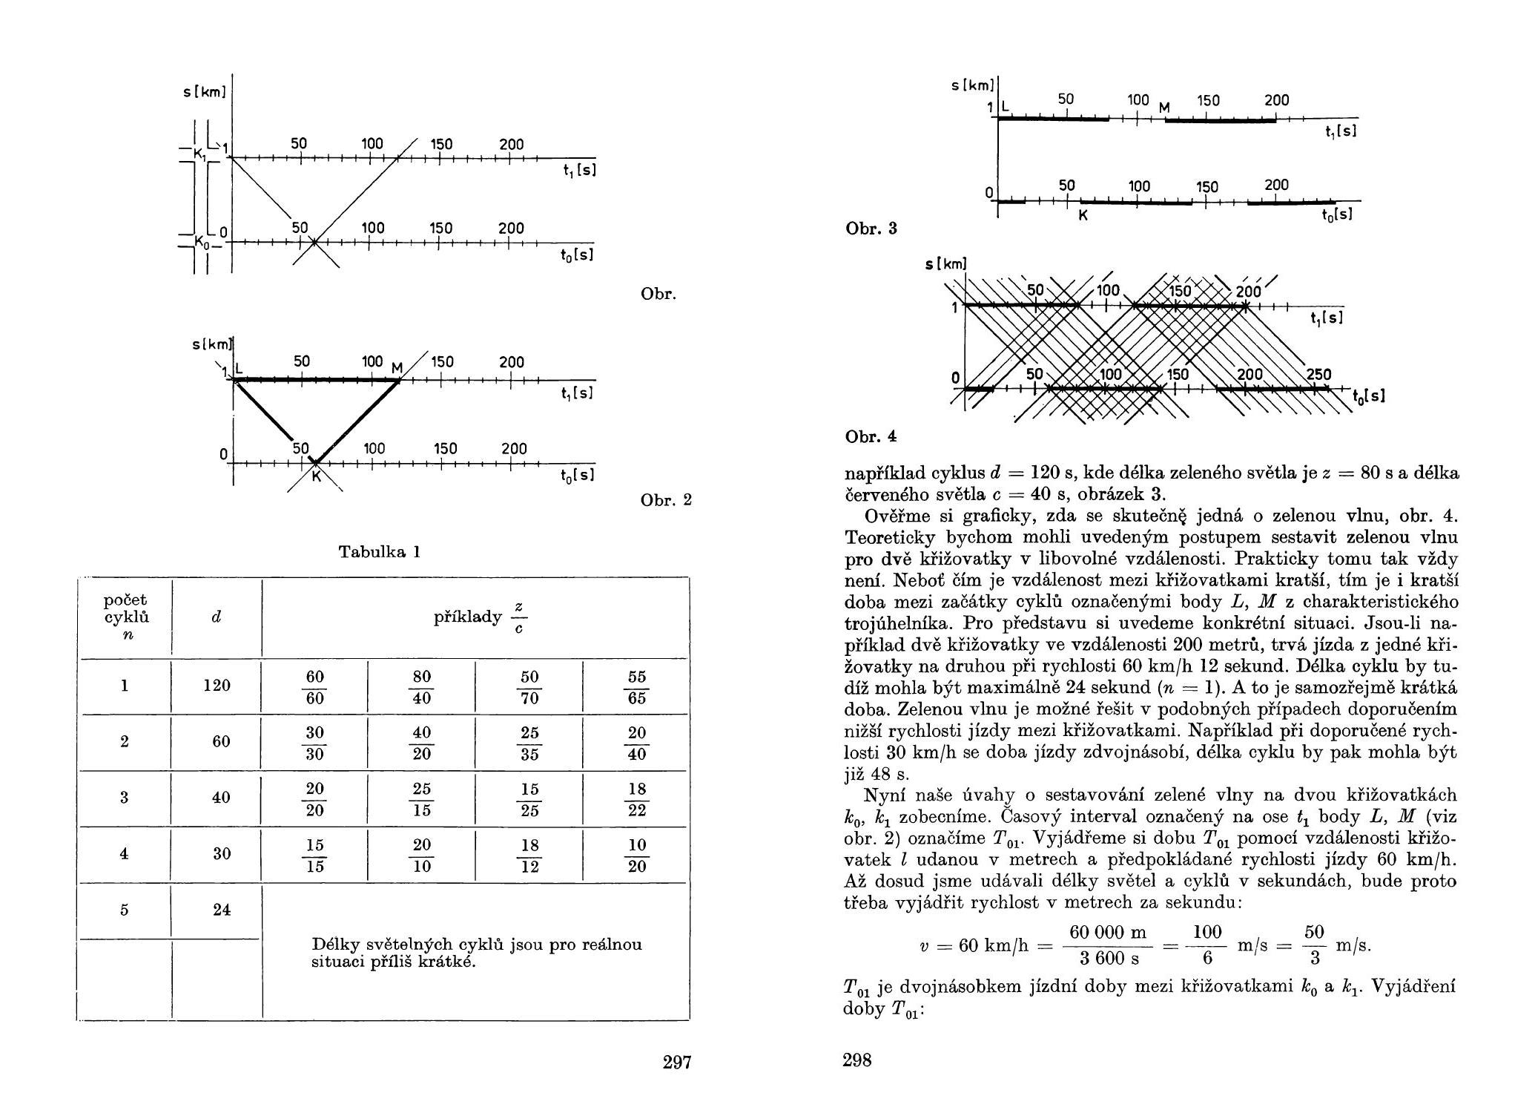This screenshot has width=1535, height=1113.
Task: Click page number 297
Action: coord(676,1062)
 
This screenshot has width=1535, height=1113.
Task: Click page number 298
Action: coord(857,1060)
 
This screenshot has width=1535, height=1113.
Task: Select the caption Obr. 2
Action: coord(666,500)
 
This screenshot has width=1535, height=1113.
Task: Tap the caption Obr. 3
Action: coord(871,229)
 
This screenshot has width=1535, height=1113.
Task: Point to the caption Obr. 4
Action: coord(871,437)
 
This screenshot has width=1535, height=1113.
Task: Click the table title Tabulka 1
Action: coord(380,551)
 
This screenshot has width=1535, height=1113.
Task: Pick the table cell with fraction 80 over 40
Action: coord(422,687)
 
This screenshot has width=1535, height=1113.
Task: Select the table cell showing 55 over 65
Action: coord(636,687)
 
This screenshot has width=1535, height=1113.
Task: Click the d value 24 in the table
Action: coord(221,909)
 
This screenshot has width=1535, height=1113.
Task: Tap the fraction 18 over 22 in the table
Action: coord(636,799)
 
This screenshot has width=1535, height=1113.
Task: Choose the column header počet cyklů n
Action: coord(125,617)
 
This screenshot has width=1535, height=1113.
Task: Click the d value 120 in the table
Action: coord(217,685)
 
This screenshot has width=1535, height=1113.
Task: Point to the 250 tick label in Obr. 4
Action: coord(1318,375)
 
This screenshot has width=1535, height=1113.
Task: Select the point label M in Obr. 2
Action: coord(397,369)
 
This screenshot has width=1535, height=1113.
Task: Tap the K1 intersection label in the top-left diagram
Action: coord(199,154)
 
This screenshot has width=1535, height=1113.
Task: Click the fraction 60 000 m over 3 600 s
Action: coord(1107,945)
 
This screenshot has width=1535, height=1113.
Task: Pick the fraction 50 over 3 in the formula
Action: coord(1314,945)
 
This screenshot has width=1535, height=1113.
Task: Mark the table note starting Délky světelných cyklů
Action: coord(477,953)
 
